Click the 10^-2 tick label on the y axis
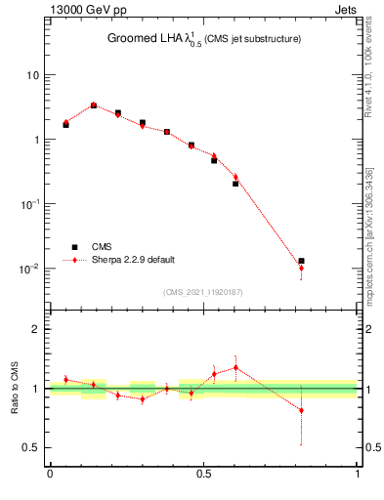click(x=30, y=269)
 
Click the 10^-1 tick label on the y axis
click(x=30, y=204)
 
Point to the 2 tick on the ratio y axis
click(x=36, y=329)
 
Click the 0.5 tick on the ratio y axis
click(x=32, y=448)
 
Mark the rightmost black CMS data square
click(x=302, y=261)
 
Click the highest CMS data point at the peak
click(x=94, y=105)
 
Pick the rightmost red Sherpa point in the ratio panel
click(x=302, y=410)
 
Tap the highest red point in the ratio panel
click(x=235, y=367)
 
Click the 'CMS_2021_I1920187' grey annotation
click(x=202, y=290)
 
